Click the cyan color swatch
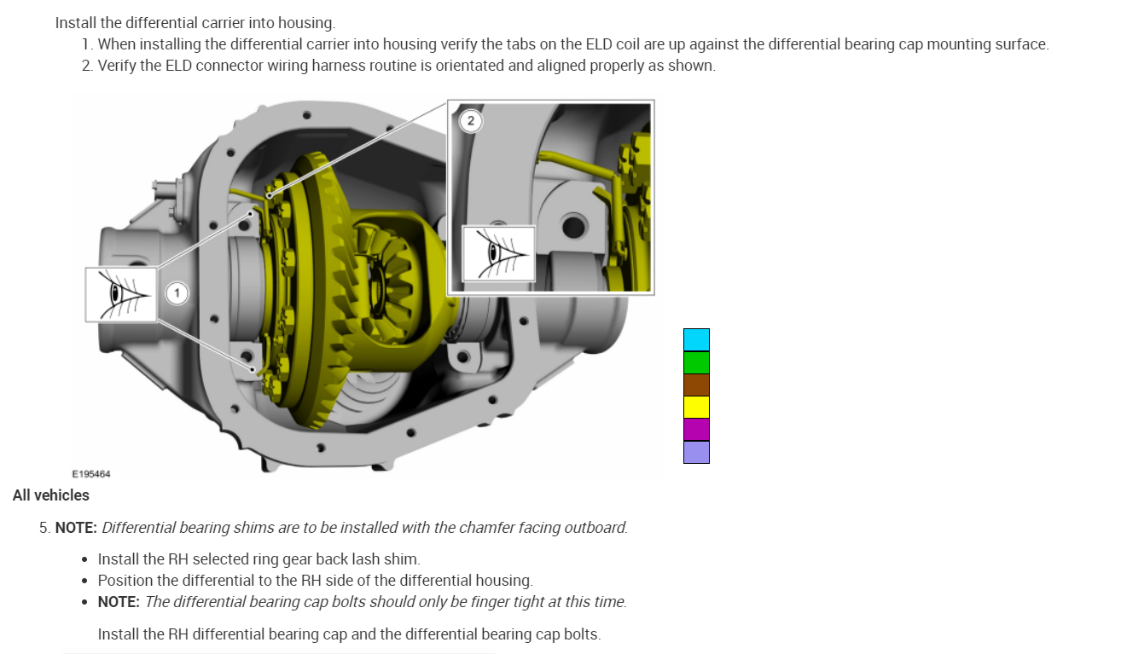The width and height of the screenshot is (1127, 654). click(x=696, y=340)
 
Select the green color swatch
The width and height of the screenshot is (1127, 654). click(x=696, y=362)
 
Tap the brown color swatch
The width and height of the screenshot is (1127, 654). click(x=696, y=385)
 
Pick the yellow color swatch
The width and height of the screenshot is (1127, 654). click(x=696, y=408)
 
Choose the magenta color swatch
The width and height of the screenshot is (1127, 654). click(x=696, y=429)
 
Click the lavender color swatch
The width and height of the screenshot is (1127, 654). click(x=696, y=452)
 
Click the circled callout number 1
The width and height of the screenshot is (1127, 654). click(x=177, y=293)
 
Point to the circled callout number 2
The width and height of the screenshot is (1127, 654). click(x=470, y=120)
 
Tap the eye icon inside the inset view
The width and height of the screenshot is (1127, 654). click(x=498, y=253)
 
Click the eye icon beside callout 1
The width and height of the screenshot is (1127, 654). click(x=121, y=294)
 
